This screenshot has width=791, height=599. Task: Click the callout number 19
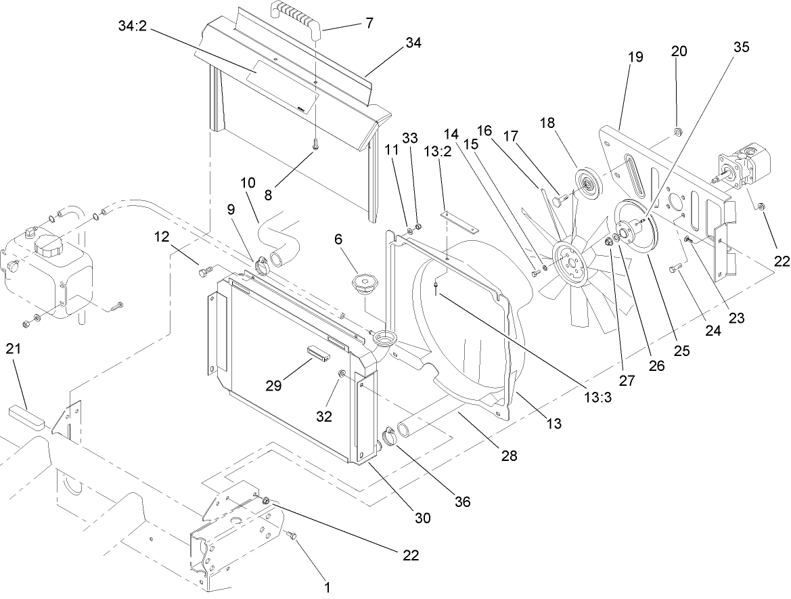pyautogui.click(x=635, y=59)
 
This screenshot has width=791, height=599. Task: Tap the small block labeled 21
pyautogui.click(x=26, y=417)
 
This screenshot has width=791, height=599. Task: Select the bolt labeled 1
pyautogui.click(x=293, y=536)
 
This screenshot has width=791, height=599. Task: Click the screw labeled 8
pyautogui.click(x=316, y=143)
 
